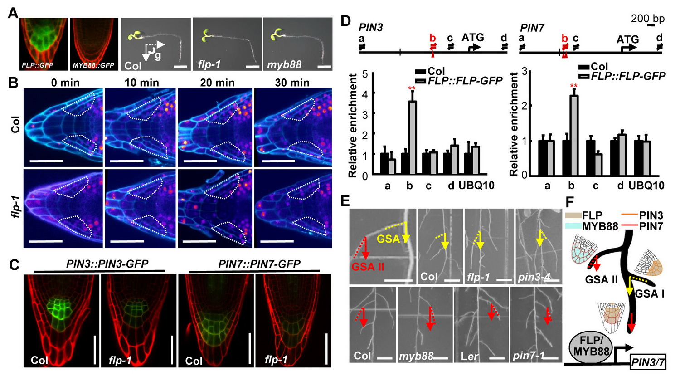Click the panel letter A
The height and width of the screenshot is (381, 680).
tap(13, 12)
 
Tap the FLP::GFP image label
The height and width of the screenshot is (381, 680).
tap(38, 65)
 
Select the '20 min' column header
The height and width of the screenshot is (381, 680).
tap(217, 83)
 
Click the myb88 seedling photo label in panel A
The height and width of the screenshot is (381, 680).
tap(284, 65)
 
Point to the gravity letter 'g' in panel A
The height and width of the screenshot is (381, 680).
tap(157, 55)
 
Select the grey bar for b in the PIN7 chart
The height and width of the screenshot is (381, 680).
tap(573, 135)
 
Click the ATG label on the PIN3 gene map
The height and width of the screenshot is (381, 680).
tap(473, 38)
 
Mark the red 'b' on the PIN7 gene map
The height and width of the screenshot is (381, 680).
tap(565, 38)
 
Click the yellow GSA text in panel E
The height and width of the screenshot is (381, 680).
tap(389, 238)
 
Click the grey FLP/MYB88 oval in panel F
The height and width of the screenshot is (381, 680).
tap(589, 347)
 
